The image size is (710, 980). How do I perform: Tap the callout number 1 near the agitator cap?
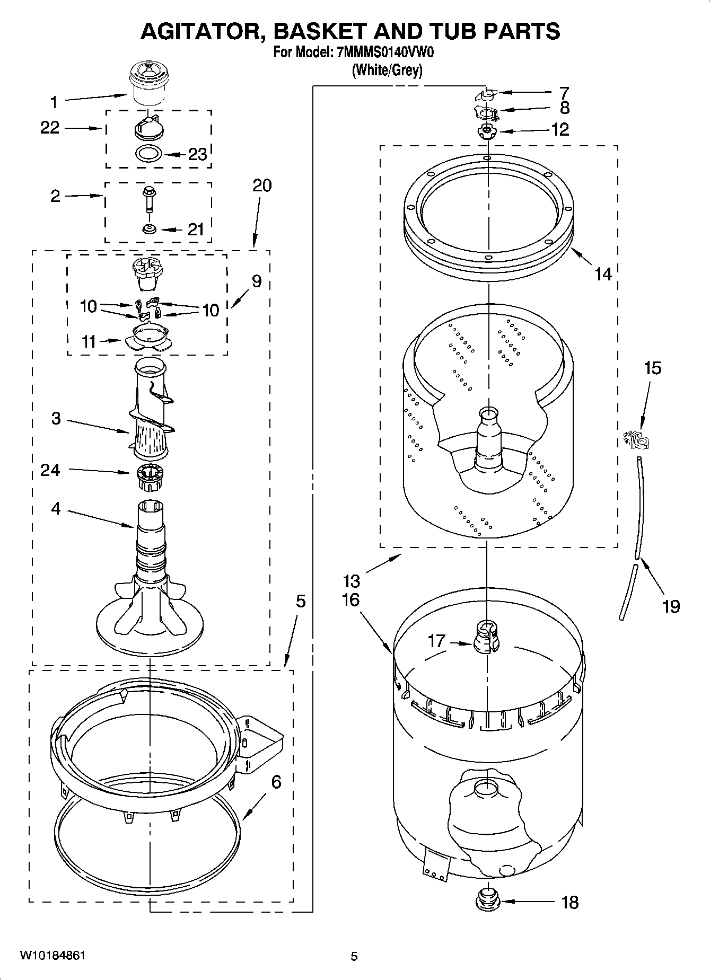54,102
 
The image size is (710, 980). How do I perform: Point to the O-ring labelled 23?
148,154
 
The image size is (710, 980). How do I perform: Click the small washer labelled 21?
148,229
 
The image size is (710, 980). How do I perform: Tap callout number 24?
50,470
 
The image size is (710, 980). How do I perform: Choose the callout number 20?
262,186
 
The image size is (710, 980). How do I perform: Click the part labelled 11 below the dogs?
150,339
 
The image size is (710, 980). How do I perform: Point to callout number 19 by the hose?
671,605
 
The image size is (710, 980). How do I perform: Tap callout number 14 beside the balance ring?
603,274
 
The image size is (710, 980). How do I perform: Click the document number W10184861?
52,956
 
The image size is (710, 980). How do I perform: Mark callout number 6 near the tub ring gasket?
276,782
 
